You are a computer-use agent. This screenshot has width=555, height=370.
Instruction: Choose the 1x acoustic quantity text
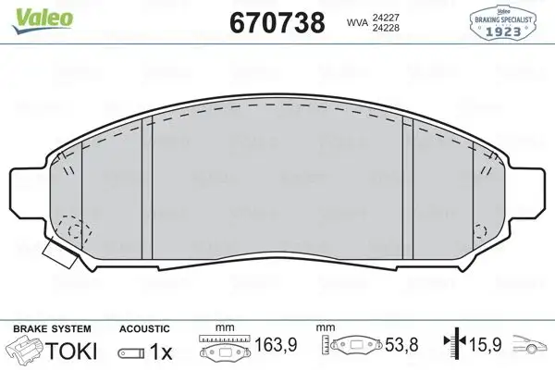click(x=161, y=351)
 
